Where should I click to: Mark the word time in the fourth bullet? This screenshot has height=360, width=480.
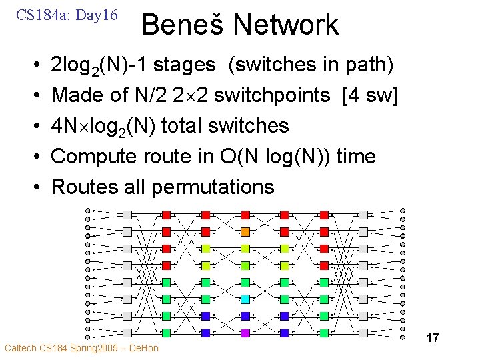pyautogui.click(x=356, y=157)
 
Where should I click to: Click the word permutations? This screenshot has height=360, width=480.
pyautogui.click(x=213, y=187)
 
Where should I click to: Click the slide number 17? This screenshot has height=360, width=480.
pyautogui.click(x=432, y=338)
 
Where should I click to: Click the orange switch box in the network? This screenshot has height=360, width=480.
pyautogui.click(x=245, y=231)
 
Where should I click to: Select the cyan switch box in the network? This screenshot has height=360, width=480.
pyautogui.click(x=245, y=299)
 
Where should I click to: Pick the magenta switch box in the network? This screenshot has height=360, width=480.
pyautogui.click(x=245, y=332)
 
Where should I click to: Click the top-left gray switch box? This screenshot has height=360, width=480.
pyautogui.click(x=127, y=215)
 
